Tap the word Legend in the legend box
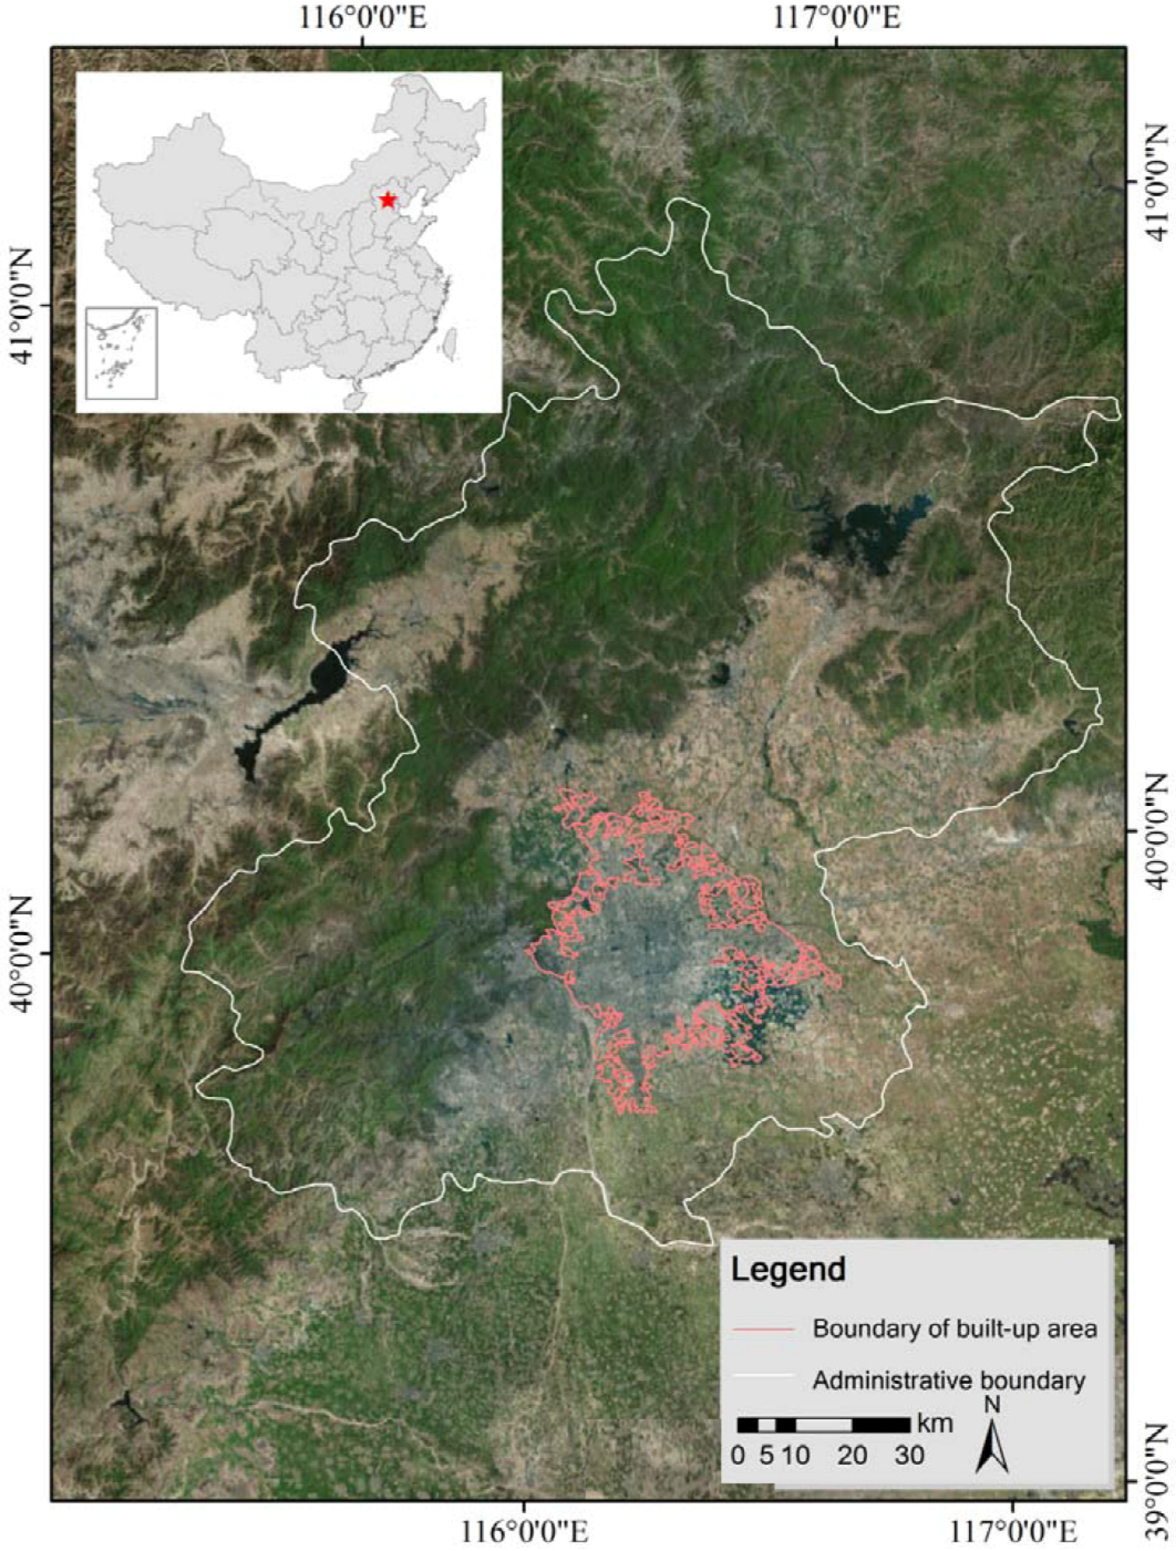(788, 1269)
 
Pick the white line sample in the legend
(763, 1380)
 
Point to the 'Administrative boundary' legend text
(949, 1381)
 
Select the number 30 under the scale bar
(909, 1455)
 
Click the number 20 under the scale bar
(851, 1455)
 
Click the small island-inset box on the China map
(121, 353)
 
